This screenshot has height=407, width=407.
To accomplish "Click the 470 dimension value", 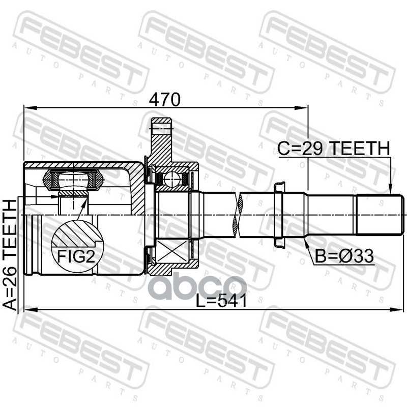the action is [x=164, y=99].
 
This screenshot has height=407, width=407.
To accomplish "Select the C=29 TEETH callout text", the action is [x=334, y=148].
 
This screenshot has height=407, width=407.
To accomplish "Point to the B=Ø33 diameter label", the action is [x=344, y=256].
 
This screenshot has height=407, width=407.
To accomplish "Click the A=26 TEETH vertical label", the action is [x=10, y=255].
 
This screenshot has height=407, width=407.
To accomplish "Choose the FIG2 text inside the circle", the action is [x=76, y=256].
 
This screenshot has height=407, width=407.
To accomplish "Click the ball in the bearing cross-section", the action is [x=172, y=179].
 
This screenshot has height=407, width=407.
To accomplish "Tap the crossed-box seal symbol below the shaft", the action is [x=172, y=251].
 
